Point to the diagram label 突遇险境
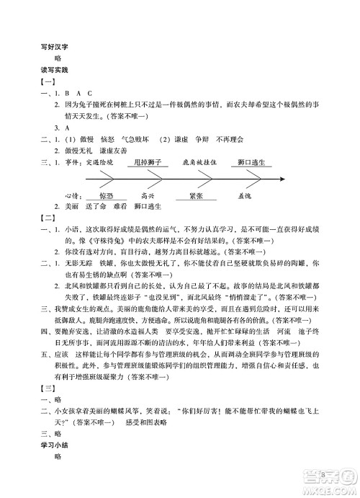tap(99, 164)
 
